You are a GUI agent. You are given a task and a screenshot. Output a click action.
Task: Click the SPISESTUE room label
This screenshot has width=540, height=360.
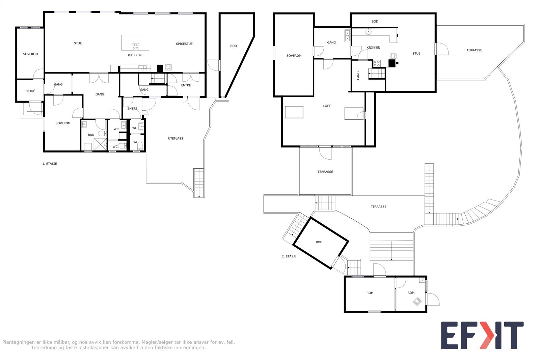tap(184, 44)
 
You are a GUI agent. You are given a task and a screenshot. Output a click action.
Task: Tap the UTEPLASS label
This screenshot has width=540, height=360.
tap(175, 139)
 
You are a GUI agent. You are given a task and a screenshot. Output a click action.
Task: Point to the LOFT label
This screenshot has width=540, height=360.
tap(327, 106)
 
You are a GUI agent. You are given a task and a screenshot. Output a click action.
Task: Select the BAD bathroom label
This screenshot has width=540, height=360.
tap(91, 135)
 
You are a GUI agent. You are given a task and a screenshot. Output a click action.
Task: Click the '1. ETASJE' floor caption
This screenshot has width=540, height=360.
tap(50, 164)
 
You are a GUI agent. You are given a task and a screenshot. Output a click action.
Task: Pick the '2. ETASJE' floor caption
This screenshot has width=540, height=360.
tap(289, 256)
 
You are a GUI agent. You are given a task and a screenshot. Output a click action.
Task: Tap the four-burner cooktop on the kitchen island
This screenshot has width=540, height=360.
tap(135, 46)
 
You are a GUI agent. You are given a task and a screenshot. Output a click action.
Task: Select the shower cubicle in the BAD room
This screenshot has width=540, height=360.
tap(100, 144)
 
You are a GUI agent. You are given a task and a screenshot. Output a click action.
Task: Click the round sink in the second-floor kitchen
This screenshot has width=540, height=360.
tap(368, 32)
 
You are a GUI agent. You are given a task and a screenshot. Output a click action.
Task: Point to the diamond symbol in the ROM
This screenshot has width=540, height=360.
tap(417, 301)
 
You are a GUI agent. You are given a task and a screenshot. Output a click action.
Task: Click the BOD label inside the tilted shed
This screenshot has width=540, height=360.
tap(319, 242)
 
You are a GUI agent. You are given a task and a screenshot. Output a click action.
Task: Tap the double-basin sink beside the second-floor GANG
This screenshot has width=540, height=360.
tap(347, 36)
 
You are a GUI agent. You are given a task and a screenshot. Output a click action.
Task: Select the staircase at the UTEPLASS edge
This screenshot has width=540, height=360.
tap(199, 183)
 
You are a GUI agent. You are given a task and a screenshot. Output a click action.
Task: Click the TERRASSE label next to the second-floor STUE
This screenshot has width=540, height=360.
tap(474, 50)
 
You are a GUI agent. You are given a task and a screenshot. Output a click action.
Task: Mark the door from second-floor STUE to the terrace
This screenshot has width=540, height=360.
tap(442, 49)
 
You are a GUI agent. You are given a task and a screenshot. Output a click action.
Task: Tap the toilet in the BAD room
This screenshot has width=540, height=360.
tap(102, 134)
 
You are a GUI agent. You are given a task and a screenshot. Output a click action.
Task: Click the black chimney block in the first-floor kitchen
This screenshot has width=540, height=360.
tap(160, 68)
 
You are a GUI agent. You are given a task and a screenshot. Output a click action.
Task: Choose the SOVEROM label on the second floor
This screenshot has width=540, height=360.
tap(294, 56)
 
